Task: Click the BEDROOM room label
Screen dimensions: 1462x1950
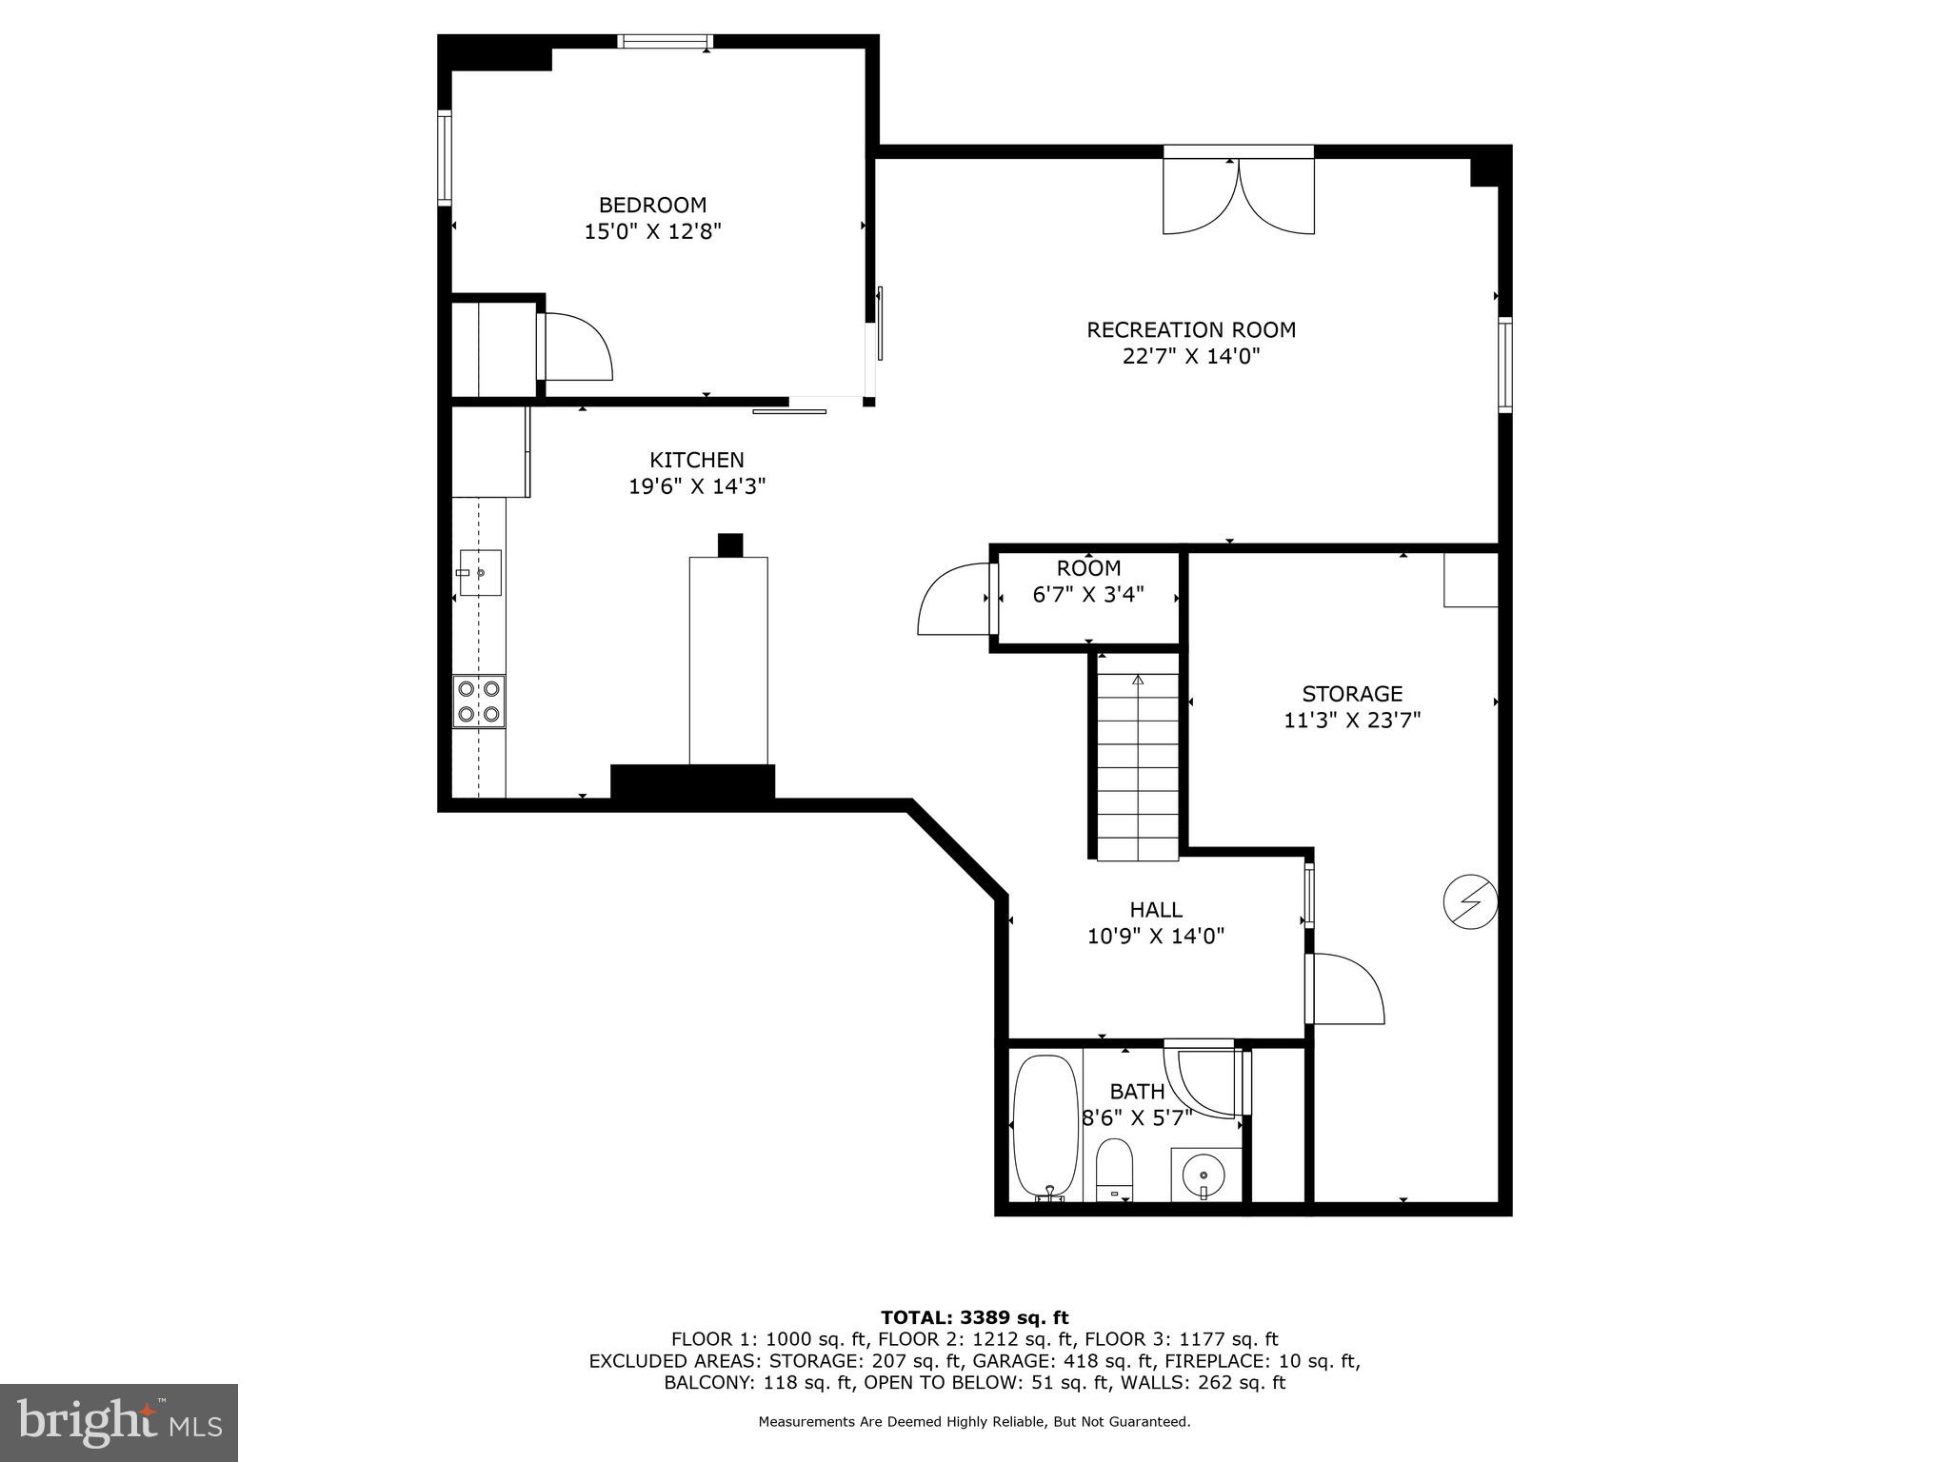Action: [x=652, y=205]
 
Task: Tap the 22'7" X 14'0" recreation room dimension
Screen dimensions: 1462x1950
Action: [x=1191, y=357]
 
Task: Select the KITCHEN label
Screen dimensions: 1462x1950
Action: [x=697, y=460]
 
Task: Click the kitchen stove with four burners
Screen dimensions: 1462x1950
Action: [x=479, y=701]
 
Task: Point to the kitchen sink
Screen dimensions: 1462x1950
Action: [x=480, y=572]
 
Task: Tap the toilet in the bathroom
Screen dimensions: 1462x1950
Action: [x=1113, y=1169]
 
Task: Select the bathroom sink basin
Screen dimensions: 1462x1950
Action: [x=1205, y=1173]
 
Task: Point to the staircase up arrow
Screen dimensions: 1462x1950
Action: [x=1137, y=681]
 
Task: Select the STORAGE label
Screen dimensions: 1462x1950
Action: [x=1352, y=694]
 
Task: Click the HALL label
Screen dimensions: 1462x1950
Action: [x=1156, y=910]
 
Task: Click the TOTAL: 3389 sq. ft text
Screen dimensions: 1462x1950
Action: [x=974, y=1317]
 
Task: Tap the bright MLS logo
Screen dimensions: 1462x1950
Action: [x=119, y=1422]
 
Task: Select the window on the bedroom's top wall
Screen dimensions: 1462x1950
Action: [x=666, y=41]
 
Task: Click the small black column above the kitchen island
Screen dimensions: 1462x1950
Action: [x=729, y=545]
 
